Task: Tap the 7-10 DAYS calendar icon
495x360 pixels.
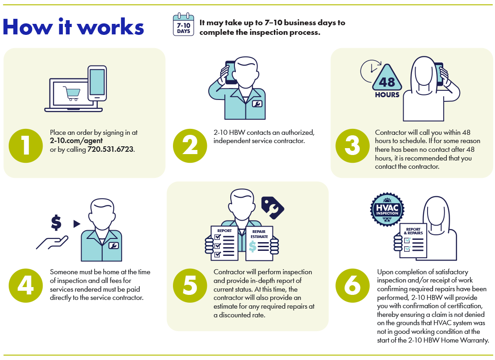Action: point(184,25)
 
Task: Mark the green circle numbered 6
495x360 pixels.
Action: point(353,285)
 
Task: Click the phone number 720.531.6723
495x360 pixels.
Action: point(111,150)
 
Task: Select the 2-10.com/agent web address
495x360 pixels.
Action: point(76,141)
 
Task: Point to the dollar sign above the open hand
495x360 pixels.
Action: point(56,223)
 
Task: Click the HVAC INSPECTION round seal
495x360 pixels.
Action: point(387,210)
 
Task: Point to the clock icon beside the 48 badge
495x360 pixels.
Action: point(369,70)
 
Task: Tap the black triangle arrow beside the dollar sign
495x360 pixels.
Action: point(77,224)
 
